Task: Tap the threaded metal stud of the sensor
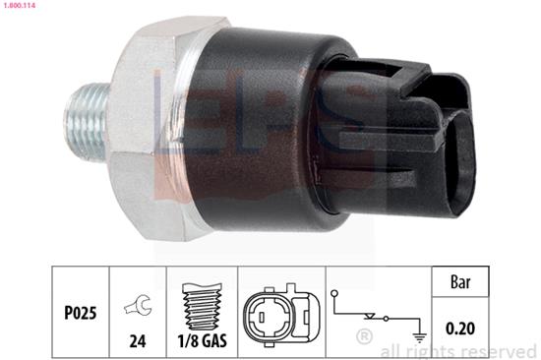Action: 88,122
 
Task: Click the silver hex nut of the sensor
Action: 151,128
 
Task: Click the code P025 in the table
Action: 81,313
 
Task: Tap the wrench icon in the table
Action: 138,305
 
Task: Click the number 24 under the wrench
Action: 138,341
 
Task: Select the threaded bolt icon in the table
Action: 202,306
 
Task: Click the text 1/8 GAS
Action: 203,341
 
